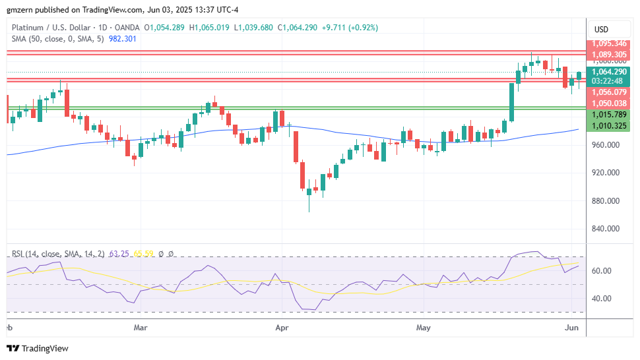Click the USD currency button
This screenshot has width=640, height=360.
[601, 29]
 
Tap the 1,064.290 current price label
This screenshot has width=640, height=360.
[608, 72]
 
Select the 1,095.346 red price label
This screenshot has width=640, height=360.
[608, 44]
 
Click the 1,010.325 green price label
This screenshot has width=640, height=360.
[608, 125]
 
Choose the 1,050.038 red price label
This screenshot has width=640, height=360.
[608, 104]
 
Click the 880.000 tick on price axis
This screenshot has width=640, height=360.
[606, 200]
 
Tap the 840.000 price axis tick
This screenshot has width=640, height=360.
[606, 229]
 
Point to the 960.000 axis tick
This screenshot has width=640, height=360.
[606, 144]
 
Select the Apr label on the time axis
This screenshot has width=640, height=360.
[282, 326]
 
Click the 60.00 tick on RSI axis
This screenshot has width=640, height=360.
[601, 271]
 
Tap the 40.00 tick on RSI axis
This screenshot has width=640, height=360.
[601, 298]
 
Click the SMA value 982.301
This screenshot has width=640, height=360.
[122, 39]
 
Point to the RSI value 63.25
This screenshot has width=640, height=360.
[119, 254]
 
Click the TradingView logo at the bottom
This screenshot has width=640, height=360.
[38, 348]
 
